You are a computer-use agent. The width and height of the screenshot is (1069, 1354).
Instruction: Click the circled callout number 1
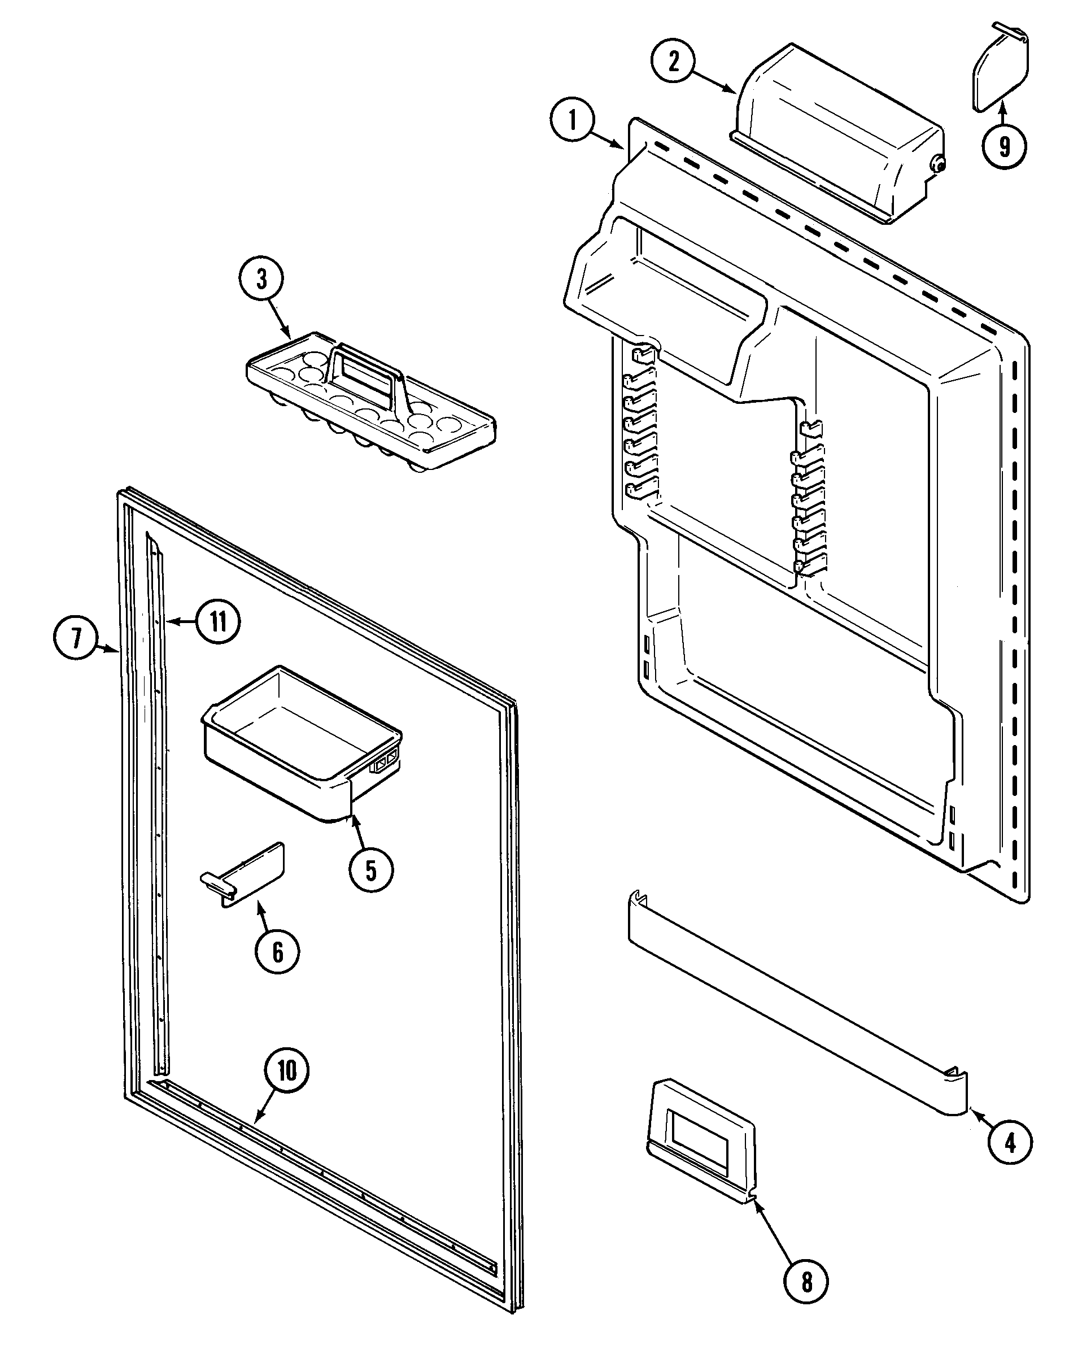click(x=573, y=121)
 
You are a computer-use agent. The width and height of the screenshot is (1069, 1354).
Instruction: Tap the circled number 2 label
click(x=674, y=62)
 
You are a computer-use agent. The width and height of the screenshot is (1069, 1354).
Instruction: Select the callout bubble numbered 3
click(x=261, y=280)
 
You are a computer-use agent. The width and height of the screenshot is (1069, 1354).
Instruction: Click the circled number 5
click(x=371, y=869)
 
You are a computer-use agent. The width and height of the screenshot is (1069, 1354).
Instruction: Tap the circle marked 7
click(x=76, y=639)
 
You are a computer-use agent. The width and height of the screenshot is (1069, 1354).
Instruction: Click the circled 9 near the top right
click(x=1004, y=146)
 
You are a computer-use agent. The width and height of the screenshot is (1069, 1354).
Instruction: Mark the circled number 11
click(x=216, y=621)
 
